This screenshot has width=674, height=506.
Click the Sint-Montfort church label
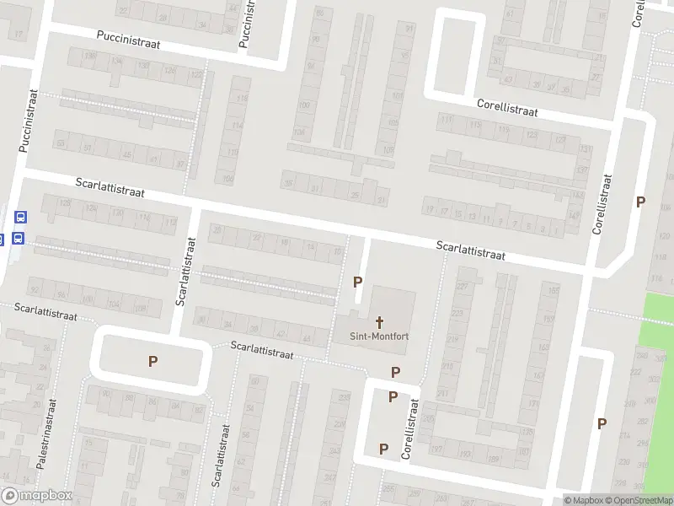pyautogui.click(x=379, y=336)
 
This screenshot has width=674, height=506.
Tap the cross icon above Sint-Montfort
pyautogui.click(x=380, y=321)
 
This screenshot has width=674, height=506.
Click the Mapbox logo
pyautogui.click(x=36, y=496)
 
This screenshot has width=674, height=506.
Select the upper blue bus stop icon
pyautogui.click(x=19, y=218)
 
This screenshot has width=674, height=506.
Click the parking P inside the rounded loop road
pyautogui.click(x=153, y=362)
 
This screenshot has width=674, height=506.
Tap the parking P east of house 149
pyautogui.click(x=640, y=202)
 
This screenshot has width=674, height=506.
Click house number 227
pyautogui.click(x=462, y=286)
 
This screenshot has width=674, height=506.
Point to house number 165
pyautogui.click(x=554, y=291)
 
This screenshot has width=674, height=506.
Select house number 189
pyautogui.click(x=494, y=459)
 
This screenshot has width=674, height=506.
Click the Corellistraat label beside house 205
pyautogui.click(x=412, y=431)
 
